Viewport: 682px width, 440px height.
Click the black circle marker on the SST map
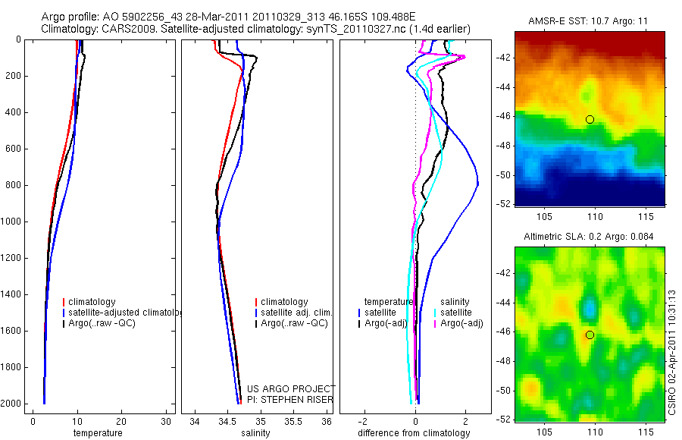(590, 119)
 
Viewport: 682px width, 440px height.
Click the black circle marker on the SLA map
(590, 335)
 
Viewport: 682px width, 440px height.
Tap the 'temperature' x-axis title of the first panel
(97, 433)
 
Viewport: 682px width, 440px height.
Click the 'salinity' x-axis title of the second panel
(253, 433)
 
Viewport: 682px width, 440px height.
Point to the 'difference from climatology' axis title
(414, 433)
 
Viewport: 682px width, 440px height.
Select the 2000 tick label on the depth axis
(11, 404)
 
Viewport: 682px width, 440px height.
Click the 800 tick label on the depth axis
(13, 185)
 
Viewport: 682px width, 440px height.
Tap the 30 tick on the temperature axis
(167, 422)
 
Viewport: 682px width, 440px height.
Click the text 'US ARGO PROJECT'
(290, 389)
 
